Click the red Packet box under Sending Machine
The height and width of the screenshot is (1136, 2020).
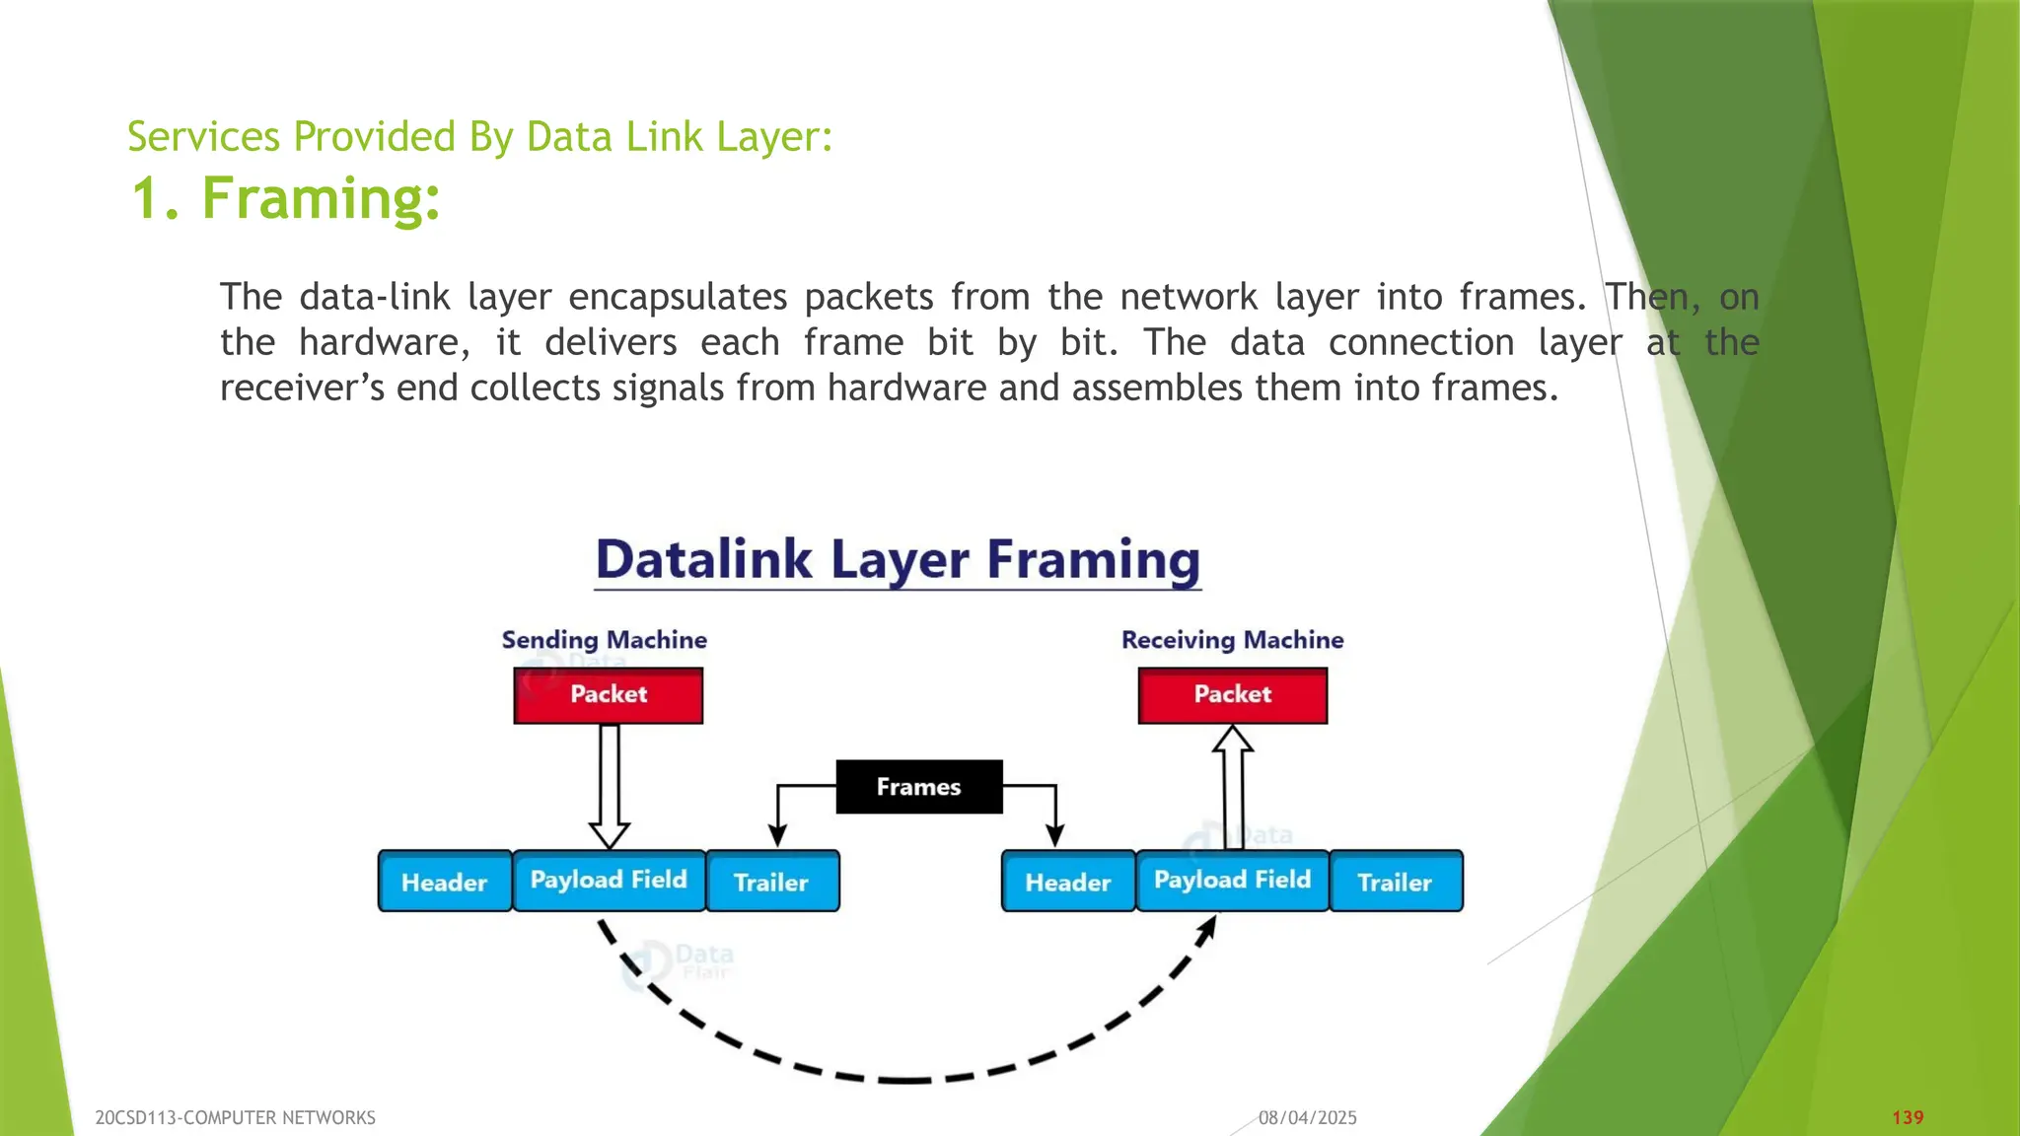[608, 695]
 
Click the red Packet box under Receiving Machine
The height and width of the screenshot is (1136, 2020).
[1232, 695]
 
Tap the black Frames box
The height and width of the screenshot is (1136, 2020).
[918, 787]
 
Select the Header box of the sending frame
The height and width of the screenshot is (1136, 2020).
[444, 882]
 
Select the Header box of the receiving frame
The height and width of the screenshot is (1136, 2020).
[1067, 882]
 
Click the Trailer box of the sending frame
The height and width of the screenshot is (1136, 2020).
[771, 882]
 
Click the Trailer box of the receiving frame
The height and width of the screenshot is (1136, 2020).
[1395, 882]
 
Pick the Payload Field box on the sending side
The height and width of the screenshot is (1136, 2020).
[609, 880]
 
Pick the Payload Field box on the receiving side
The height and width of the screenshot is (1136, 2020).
[1232, 880]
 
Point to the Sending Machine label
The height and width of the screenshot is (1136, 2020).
[604, 640]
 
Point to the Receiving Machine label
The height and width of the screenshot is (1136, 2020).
[1232, 640]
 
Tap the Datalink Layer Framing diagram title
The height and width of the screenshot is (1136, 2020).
[898, 559]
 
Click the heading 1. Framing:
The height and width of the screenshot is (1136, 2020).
[285, 198]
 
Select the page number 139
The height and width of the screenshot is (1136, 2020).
[1908, 1117]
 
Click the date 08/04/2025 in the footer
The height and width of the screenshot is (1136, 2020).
[1307, 1117]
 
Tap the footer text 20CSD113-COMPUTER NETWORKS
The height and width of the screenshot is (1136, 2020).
[235, 1117]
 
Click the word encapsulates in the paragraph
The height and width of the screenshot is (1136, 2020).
[678, 297]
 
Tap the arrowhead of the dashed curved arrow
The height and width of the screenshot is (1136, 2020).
[1207, 928]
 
